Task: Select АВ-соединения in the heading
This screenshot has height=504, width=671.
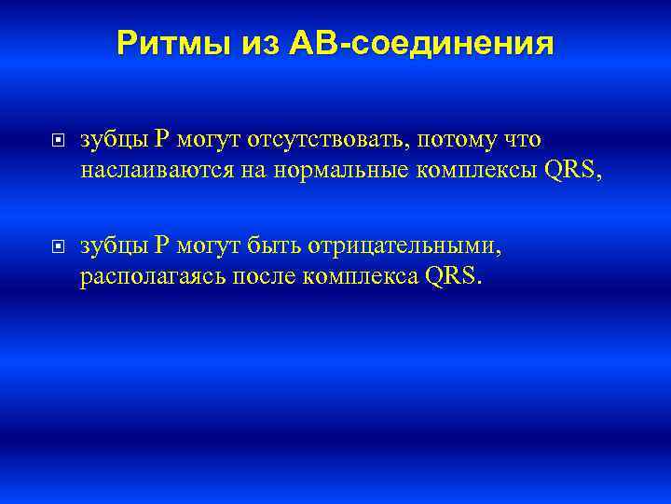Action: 422,43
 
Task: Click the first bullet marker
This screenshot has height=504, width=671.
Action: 58,141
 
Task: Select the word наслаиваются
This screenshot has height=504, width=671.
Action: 150,171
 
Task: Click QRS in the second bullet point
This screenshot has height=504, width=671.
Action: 454,277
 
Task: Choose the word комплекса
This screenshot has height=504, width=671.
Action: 361,277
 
